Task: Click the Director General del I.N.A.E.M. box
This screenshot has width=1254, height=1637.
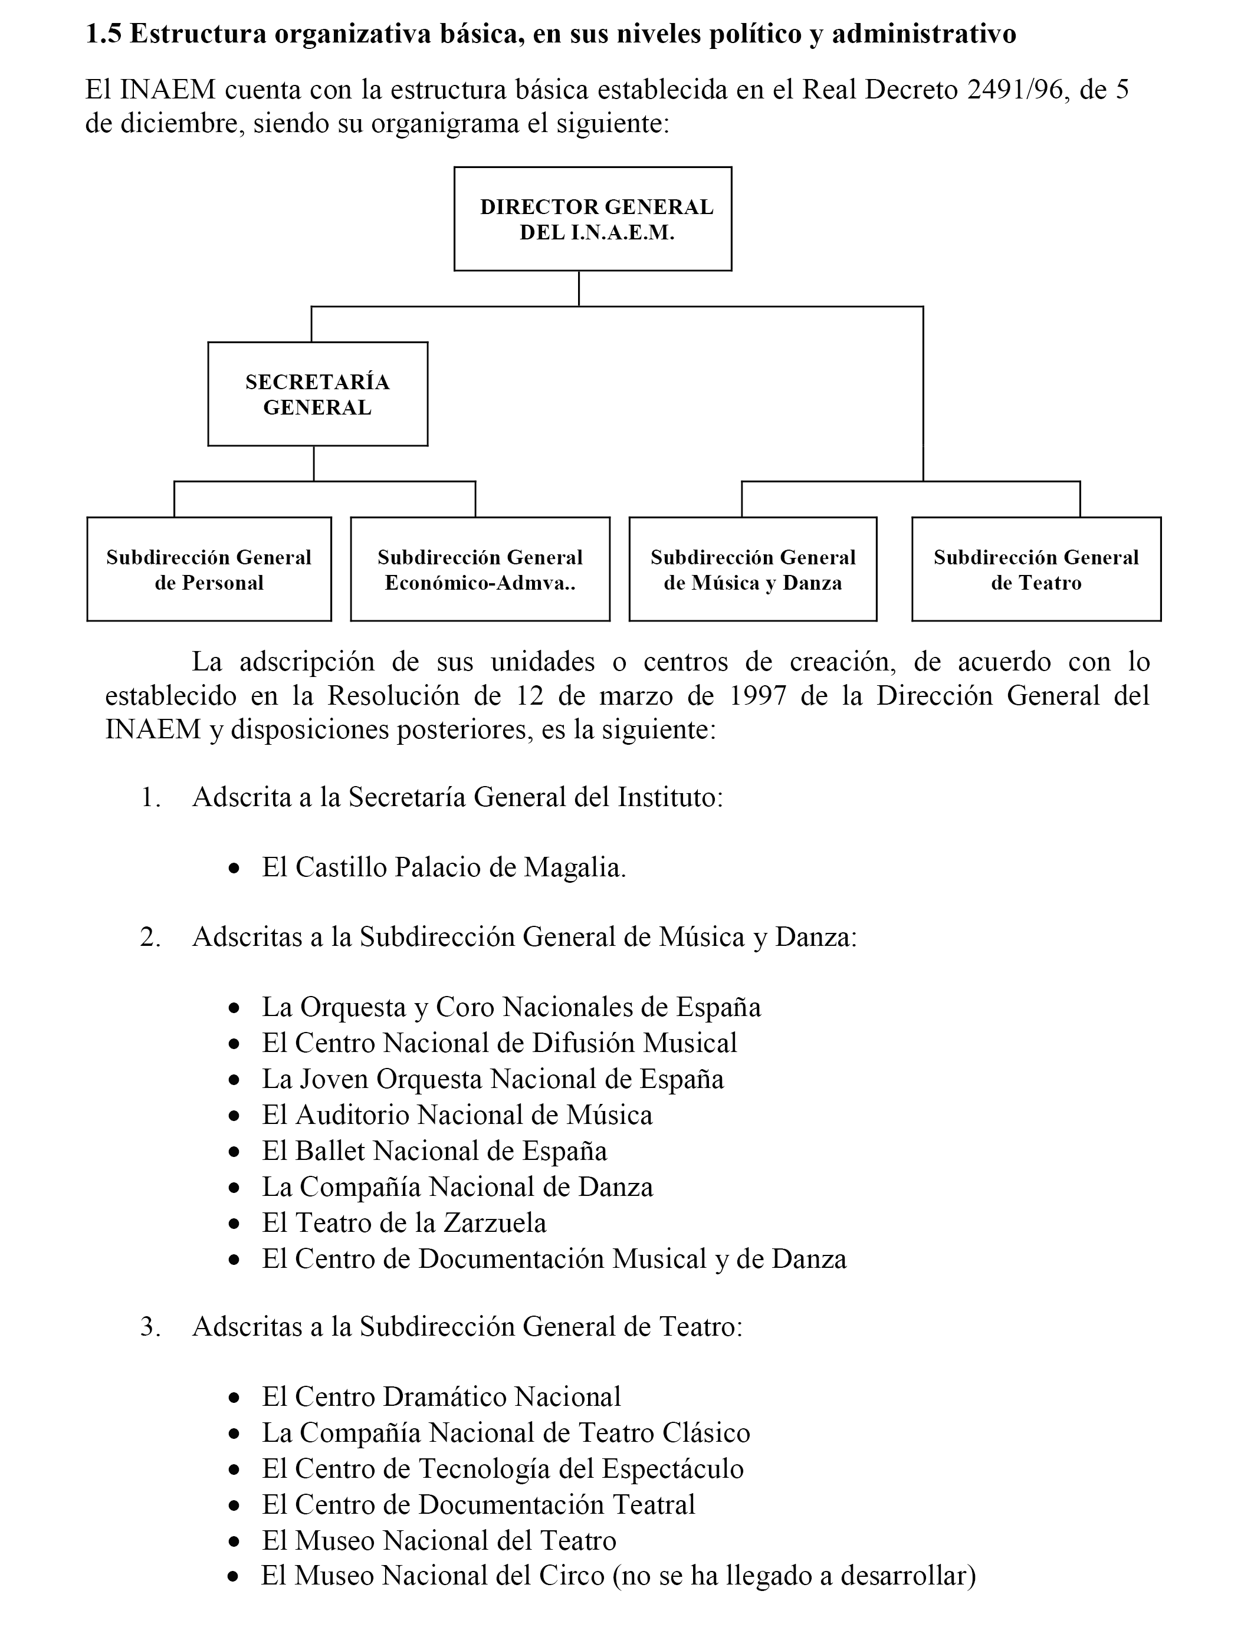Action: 593,219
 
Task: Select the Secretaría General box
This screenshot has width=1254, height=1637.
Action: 317,394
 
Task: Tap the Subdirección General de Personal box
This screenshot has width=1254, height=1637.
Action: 209,569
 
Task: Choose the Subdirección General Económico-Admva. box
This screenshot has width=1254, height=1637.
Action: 480,569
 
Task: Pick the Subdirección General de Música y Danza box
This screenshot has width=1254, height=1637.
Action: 753,569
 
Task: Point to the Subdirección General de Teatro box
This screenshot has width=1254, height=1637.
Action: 1036,569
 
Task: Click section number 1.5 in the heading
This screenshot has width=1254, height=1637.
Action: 104,34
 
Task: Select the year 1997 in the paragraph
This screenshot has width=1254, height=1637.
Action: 757,695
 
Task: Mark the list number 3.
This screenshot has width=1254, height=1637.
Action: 150,1327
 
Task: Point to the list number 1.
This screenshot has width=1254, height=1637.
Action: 150,798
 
